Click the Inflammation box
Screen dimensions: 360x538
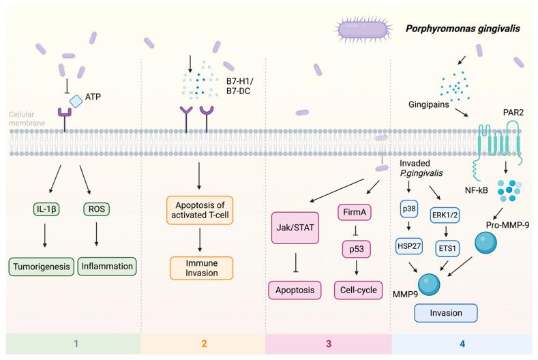pyautogui.click(x=106, y=265)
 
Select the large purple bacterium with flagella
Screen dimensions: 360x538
pyautogui.click(x=364, y=29)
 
